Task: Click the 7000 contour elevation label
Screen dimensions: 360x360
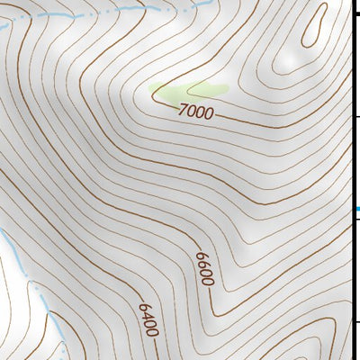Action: (196, 112)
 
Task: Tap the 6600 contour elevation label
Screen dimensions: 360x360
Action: (204, 268)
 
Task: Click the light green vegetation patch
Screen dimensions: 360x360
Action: (186, 90)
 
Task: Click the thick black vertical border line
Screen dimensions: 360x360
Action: (352, 180)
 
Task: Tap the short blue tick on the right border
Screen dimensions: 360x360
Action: (356, 209)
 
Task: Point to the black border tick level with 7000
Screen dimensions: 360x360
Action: (356, 117)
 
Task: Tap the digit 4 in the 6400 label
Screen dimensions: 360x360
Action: (146, 314)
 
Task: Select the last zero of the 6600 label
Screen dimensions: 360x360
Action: (208, 280)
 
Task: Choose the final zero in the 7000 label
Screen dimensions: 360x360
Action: (209, 115)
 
